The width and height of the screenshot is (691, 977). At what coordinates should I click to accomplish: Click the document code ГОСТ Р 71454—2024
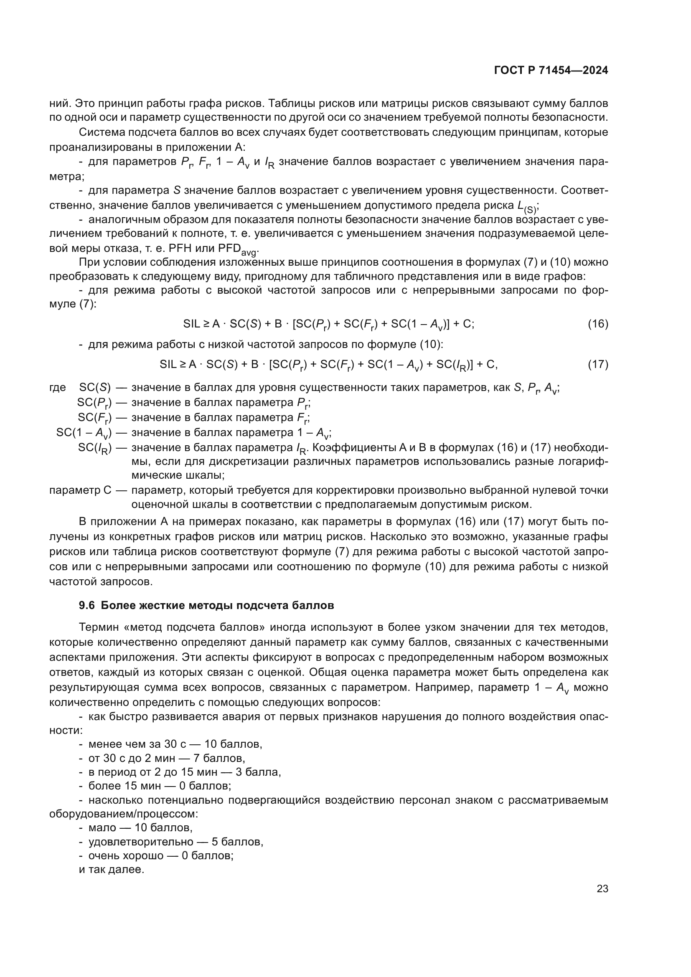551,71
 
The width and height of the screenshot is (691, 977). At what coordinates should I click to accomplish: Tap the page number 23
602,888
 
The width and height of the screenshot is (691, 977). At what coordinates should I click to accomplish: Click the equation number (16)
598,324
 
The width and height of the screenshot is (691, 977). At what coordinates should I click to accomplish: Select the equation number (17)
598,364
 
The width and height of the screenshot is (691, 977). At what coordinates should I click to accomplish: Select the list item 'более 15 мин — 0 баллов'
160,786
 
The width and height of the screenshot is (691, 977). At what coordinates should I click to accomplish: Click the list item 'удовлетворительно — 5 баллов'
175,842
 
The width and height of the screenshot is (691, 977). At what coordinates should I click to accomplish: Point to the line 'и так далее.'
112,869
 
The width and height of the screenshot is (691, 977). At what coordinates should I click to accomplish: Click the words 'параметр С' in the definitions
80,490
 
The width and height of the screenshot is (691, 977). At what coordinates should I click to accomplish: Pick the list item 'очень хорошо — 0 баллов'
160,855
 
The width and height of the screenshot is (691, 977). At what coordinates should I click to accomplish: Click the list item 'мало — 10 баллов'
140,827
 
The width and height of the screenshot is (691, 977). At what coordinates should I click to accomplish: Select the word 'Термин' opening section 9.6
98,627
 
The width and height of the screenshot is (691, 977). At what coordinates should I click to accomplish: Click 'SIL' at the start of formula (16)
191,324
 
